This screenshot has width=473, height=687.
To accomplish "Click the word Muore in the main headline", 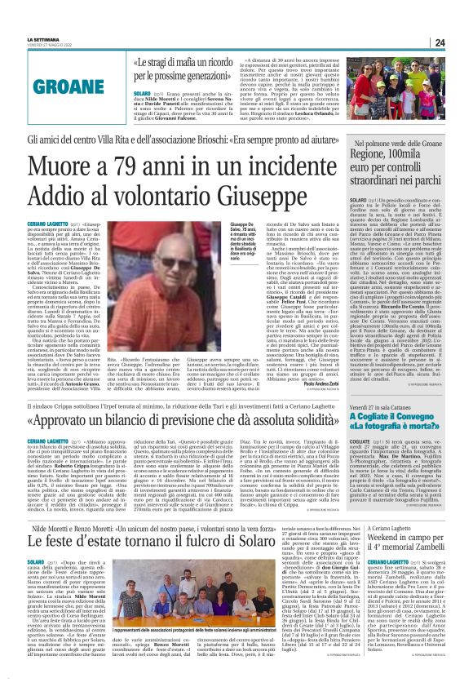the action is click(63, 166).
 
